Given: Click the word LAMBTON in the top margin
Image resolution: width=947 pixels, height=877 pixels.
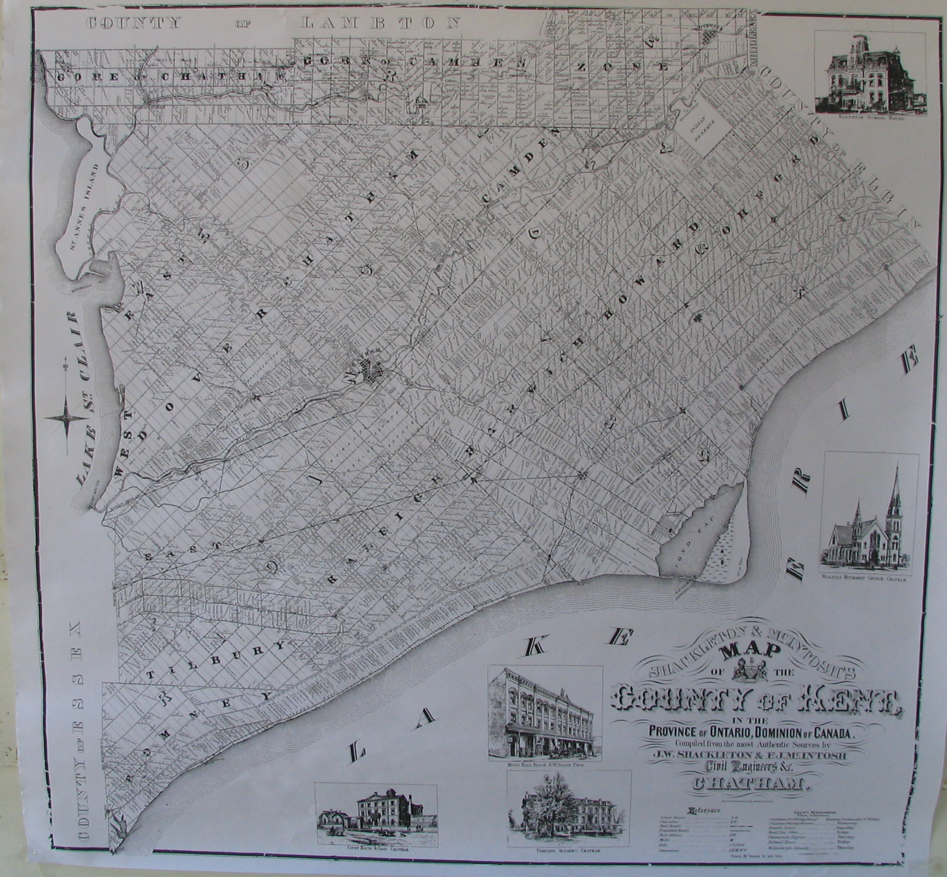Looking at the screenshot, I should (x=380, y=23).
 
